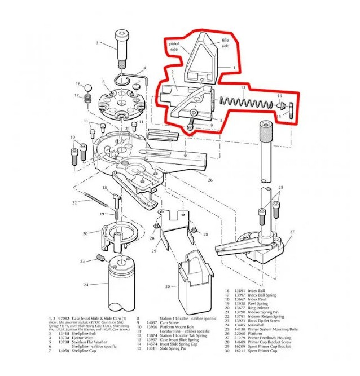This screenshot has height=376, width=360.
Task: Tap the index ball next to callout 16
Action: coord(87,87)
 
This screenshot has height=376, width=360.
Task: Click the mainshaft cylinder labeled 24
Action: coord(265,153)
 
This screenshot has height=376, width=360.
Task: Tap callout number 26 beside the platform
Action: coord(209,180)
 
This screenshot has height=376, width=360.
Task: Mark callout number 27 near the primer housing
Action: coord(292,232)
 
